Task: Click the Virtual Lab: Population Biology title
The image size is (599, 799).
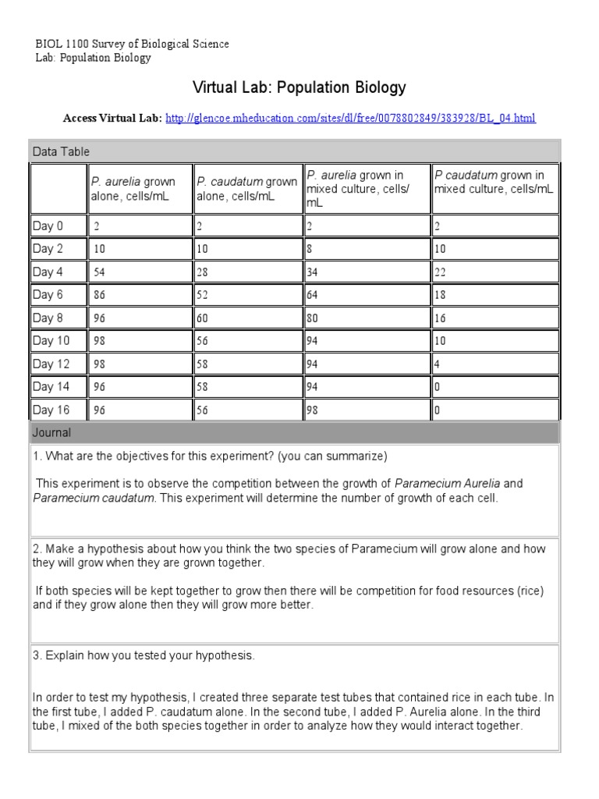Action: pos(299,87)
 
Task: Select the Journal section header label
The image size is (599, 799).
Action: pos(51,432)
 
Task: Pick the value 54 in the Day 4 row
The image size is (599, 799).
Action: pos(100,272)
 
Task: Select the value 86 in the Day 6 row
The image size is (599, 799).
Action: pos(100,295)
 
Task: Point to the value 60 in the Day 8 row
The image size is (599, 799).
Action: pos(203,318)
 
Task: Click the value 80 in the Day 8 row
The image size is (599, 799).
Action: pos(312,318)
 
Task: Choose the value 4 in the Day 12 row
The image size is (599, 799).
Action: pos(438,364)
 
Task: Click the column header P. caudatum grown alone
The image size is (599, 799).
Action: pos(246,189)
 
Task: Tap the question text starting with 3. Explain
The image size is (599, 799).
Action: pos(144,655)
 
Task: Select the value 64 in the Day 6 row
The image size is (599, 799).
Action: pos(312,295)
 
